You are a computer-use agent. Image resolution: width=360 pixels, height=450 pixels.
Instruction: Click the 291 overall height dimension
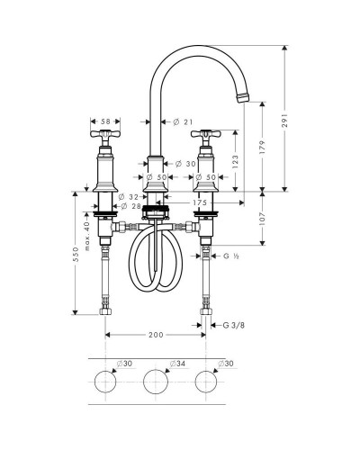(x=284, y=120)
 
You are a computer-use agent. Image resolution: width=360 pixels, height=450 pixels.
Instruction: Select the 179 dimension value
(x=263, y=148)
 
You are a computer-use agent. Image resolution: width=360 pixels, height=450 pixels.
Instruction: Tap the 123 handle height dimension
(x=235, y=161)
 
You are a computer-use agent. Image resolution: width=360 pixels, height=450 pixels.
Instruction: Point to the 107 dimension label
(x=263, y=219)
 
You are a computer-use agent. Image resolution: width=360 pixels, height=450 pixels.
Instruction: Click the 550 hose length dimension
(x=76, y=254)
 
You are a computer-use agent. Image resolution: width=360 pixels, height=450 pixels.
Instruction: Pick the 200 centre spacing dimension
(x=156, y=335)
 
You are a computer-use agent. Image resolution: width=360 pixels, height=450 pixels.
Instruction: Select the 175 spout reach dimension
(x=200, y=202)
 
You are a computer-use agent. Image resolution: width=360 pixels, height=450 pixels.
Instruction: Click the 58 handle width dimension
(x=105, y=121)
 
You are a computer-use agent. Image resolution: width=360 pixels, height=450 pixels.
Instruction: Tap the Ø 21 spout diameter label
(x=183, y=121)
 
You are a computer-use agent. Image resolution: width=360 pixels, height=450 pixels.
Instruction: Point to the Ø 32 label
(x=129, y=197)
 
